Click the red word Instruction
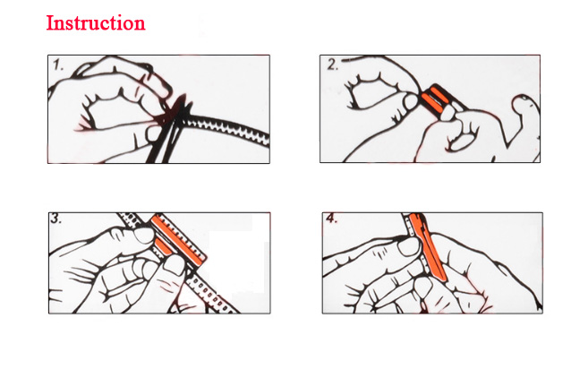[96, 23]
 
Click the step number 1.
[58, 65]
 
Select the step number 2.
[332, 64]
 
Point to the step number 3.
[55, 218]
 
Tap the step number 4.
[331, 218]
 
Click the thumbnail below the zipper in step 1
[153, 133]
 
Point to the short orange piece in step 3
[163, 246]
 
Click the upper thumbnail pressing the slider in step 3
[144, 236]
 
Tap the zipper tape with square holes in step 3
[210, 295]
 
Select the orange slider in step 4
[429, 247]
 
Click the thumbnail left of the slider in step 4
[408, 248]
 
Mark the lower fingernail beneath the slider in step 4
[423, 288]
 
